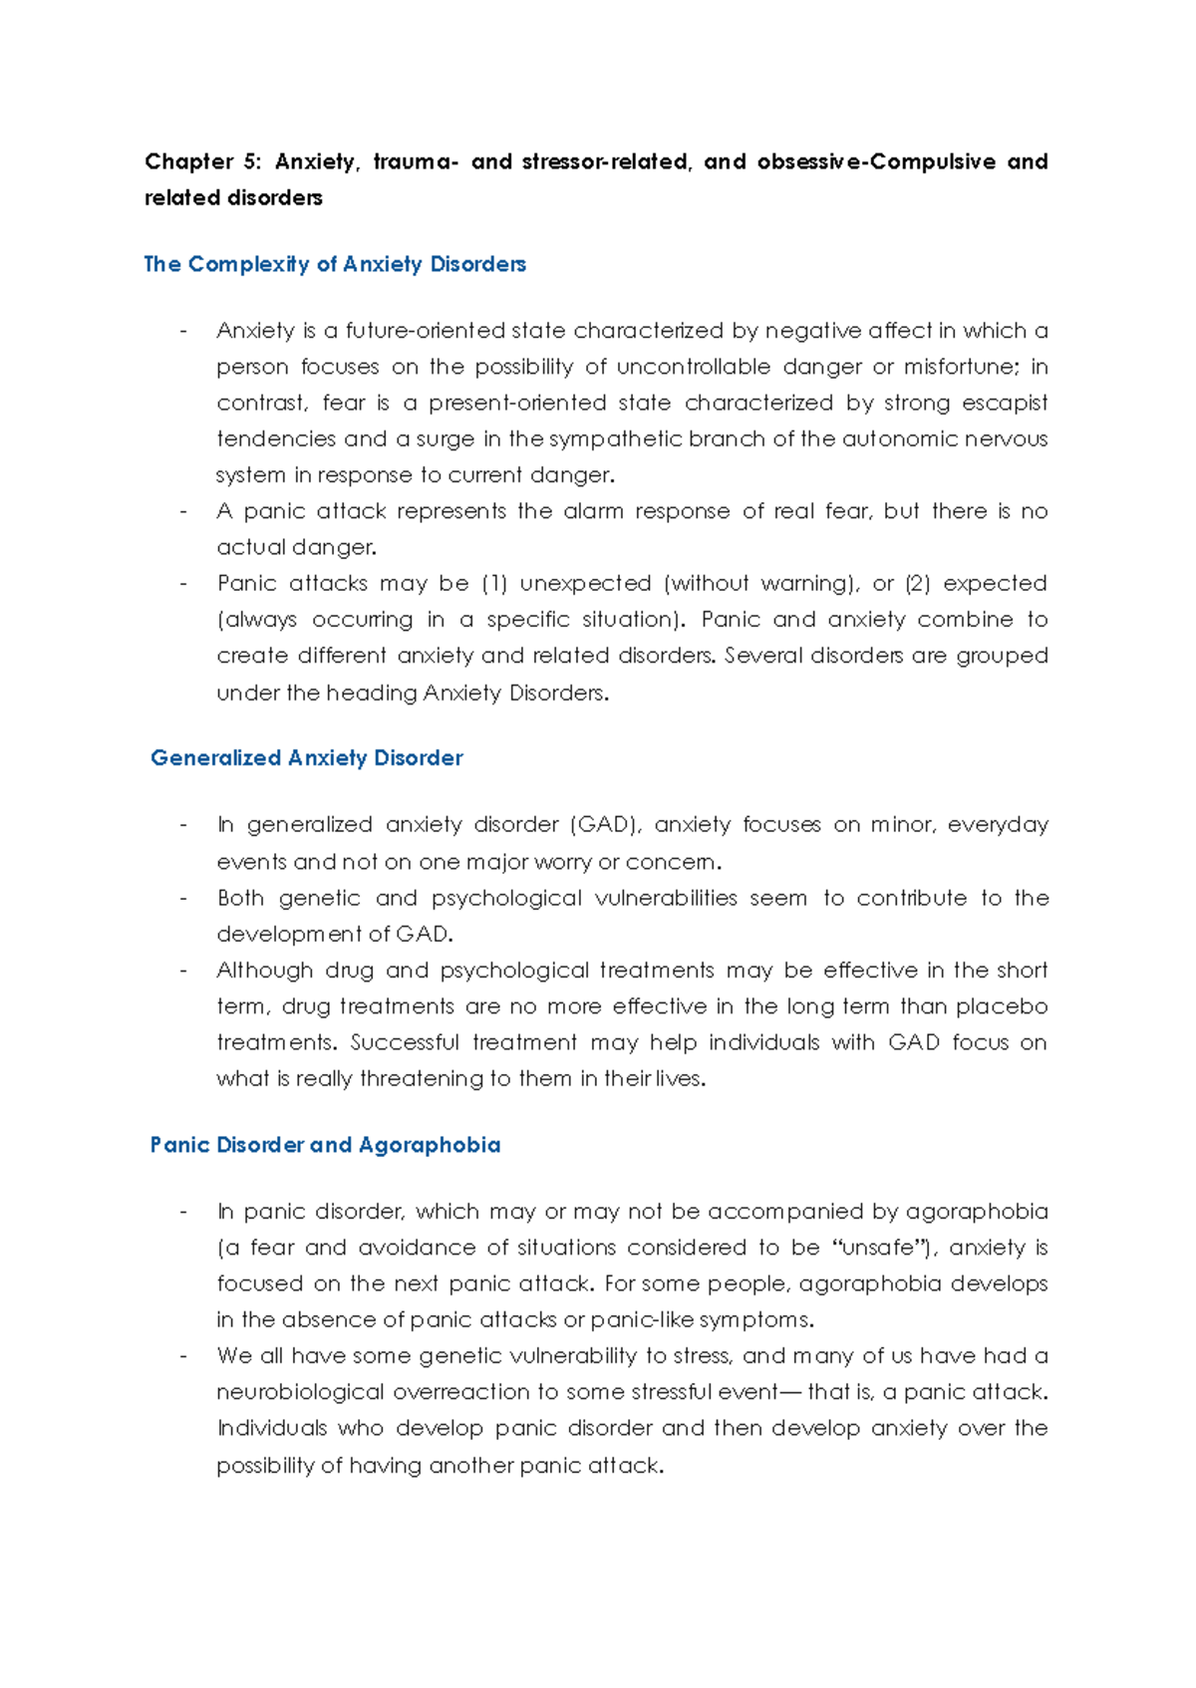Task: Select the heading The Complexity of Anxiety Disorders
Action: (335, 264)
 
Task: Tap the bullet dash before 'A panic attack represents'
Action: (183, 511)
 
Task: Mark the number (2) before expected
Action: (918, 583)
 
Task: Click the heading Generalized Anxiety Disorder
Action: (307, 758)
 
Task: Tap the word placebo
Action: (1002, 1006)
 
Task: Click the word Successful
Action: (405, 1042)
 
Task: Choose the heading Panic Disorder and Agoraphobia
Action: (325, 1145)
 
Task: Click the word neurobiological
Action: (300, 1392)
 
